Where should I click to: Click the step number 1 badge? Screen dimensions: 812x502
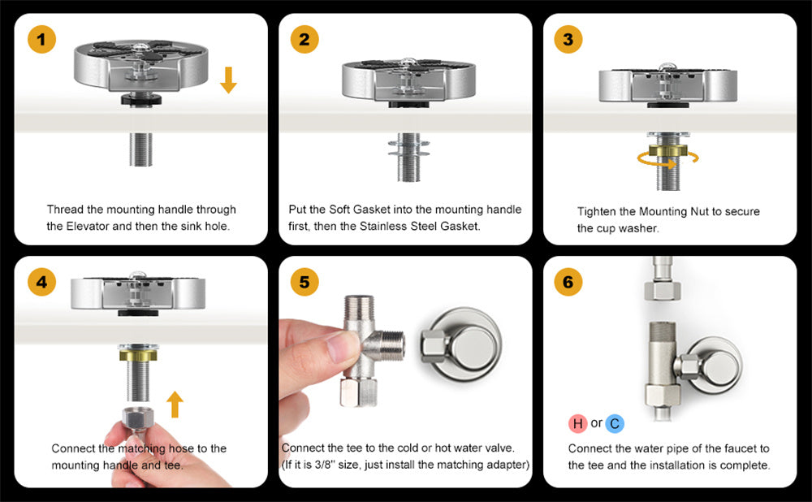41,39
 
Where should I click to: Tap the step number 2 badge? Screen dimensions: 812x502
304,39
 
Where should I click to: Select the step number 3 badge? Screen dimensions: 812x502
568,39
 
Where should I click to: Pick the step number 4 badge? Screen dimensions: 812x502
41,282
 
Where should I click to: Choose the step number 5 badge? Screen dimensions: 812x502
304,282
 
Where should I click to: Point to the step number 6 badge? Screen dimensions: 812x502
568,282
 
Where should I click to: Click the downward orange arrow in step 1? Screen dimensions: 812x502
228,80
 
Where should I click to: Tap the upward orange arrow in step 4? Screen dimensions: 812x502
175,404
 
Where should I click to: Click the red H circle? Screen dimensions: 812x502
578,423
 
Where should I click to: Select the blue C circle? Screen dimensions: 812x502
615,423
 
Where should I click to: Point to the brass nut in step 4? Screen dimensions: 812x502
138,356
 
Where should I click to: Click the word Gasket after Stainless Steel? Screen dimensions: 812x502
460,226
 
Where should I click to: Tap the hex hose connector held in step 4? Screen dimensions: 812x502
138,418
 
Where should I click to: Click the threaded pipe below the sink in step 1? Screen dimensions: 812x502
140,149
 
